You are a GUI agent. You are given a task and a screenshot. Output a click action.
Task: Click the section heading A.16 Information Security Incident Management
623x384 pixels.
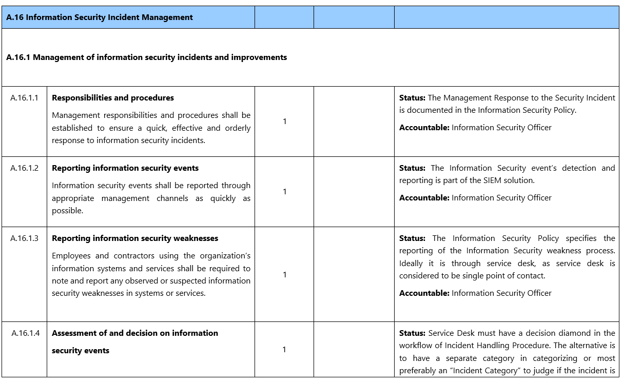pyautogui.click(x=100, y=17)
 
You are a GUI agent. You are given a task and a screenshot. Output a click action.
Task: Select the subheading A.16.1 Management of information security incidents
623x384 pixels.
pyautogui.click(x=146, y=57)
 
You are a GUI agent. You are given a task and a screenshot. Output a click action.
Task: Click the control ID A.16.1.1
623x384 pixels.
pyautogui.click(x=25, y=98)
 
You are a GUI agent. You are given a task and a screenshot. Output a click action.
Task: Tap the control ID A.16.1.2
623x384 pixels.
pyautogui.click(x=25, y=168)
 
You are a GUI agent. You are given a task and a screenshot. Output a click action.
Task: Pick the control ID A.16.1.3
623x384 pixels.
pyautogui.click(x=25, y=238)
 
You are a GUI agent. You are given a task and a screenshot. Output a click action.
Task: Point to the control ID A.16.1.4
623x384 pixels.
pyautogui.click(x=25, y=333)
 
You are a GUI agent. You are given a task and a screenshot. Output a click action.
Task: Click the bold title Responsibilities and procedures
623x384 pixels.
pyautogui.click(x=113, y=98)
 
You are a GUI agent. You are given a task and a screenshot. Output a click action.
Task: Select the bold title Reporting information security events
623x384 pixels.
pyautogui.click(x=125, y=168)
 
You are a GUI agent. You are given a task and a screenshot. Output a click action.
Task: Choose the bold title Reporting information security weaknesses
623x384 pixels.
pyautogui.click(x=135, y=238)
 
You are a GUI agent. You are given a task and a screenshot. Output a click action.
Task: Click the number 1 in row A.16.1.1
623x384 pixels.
pyautogui.click(x=284, y=122)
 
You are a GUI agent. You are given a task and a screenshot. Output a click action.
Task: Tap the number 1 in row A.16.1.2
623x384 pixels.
pyautogui.click(x=284, y=192)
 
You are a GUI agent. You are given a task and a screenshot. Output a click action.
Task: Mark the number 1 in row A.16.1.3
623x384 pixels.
pyautogui.click(x=284, y=275)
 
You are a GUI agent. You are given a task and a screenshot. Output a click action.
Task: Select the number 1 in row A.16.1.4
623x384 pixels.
pyautogui.click(x=284, y=350)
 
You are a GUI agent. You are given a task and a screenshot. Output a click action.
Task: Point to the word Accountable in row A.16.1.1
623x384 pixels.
pyautogui.click(x=424, y=128)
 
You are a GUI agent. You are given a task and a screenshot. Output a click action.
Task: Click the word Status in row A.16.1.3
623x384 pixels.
pyautogui.click(x=412, y=238)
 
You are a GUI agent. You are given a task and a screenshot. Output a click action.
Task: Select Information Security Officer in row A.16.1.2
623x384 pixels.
pyautogui.click(x=501, y=198)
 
